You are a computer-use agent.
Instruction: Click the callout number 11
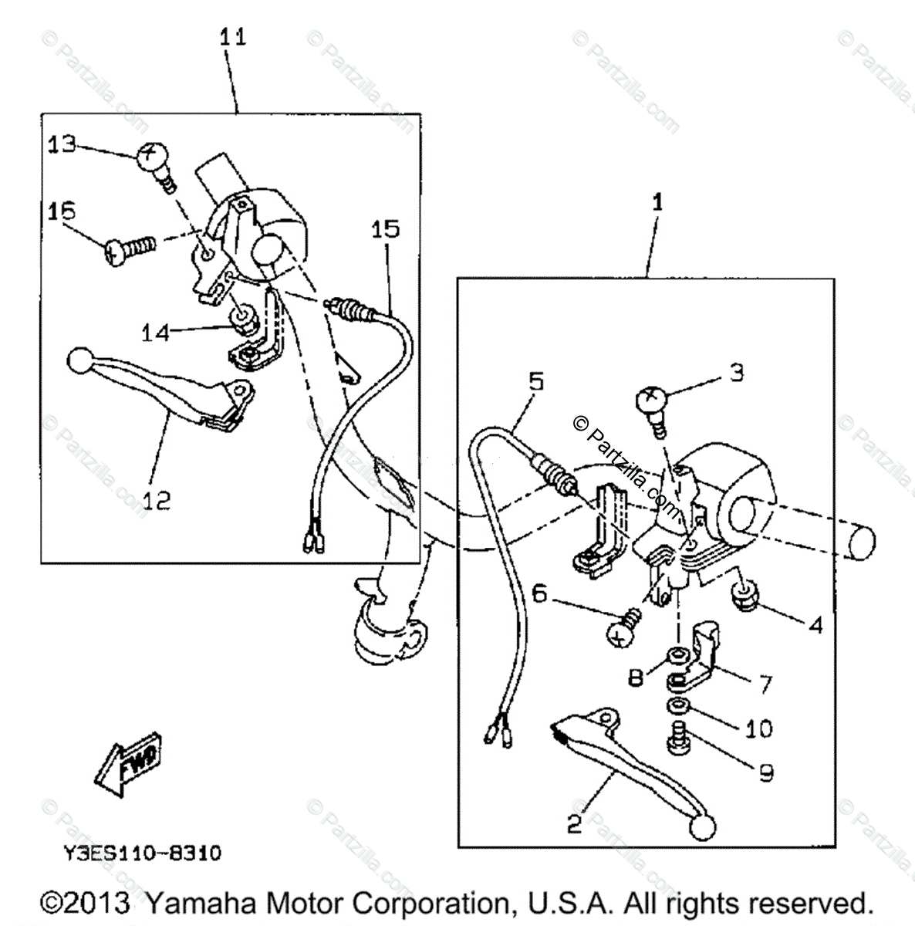(233, 36)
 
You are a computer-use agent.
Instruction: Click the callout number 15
(385, 229)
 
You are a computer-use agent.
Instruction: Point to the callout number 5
(535, 380)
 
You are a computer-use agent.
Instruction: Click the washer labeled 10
(679, 706)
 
